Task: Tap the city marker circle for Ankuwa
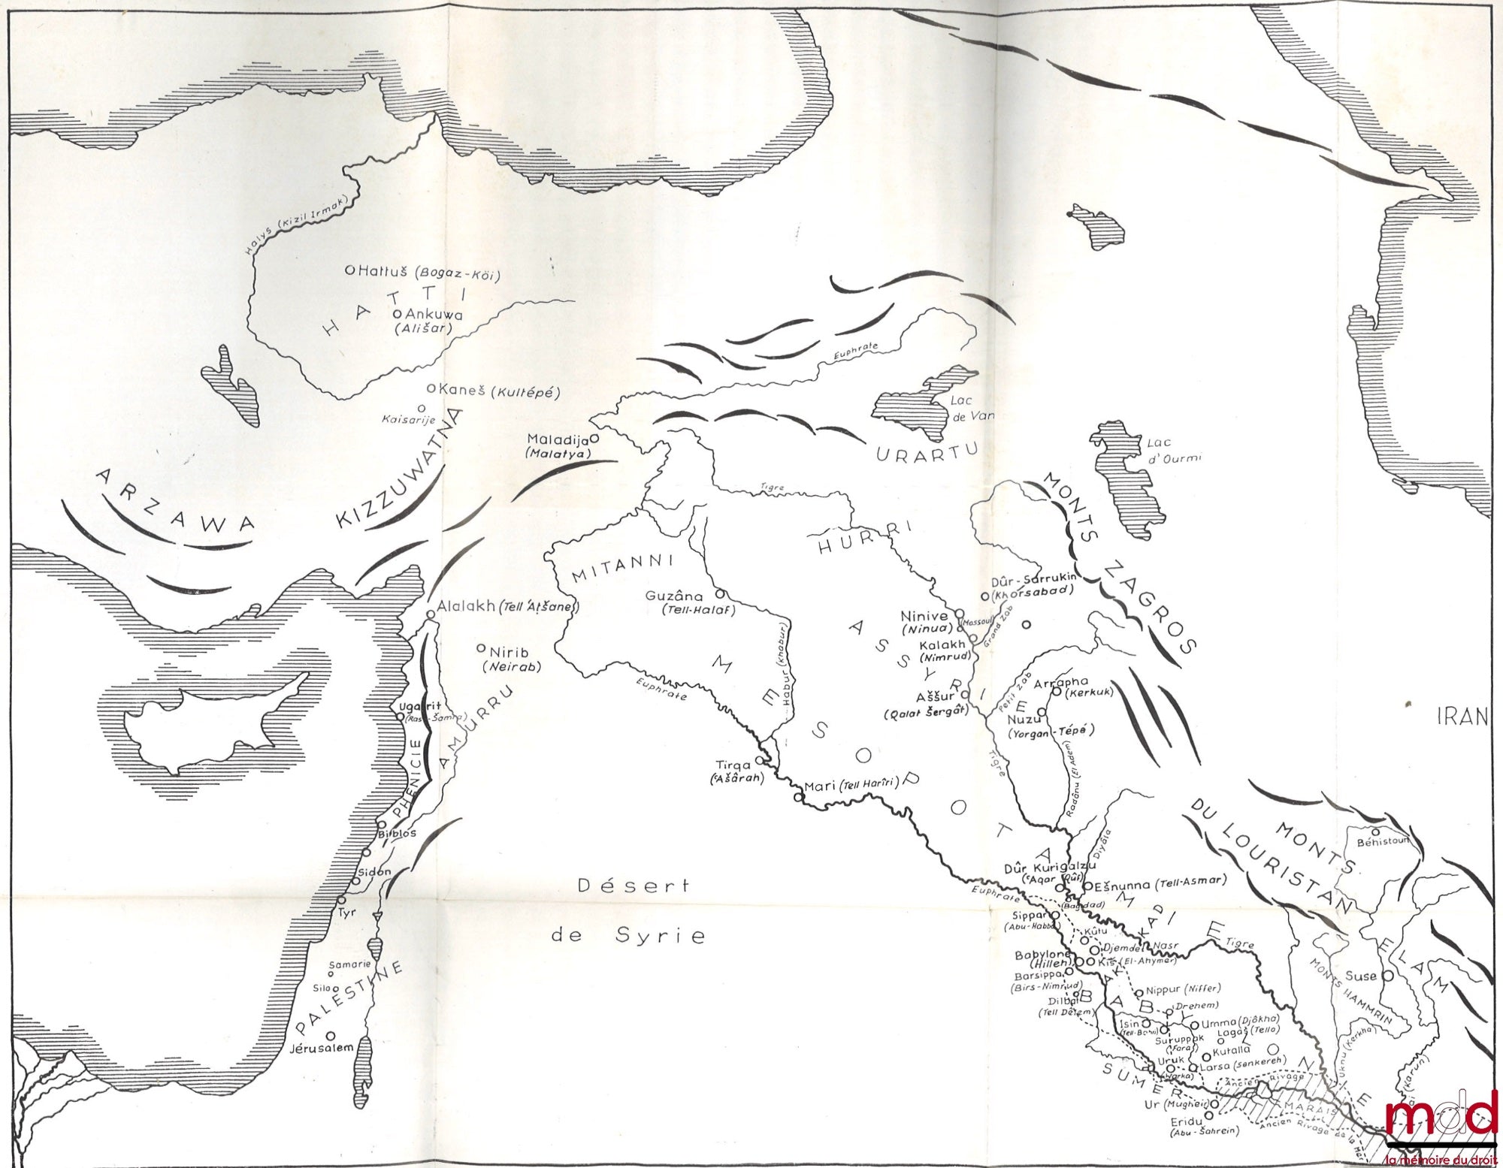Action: (396, 314)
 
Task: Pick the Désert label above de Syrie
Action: (633, 886)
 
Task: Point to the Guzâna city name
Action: (674, 596)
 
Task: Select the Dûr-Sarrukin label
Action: (1034, 578)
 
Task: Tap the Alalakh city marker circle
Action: (431, 614)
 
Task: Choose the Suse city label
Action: (1360, 976)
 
